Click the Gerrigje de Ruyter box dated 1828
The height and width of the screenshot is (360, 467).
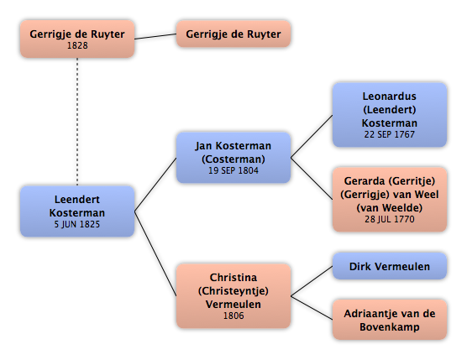coord(77,39)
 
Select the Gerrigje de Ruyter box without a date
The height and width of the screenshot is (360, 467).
coord(233,34)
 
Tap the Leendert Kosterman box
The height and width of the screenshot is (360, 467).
coord(77,211)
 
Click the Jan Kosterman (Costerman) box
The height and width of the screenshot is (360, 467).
coord(233,158)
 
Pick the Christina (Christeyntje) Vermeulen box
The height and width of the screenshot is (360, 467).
coord(233,296)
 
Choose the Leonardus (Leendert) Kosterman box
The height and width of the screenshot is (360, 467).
coord(390,115)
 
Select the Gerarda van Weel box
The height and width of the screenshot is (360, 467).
coord(390,200)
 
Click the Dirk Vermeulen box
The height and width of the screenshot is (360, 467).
coord(390,266)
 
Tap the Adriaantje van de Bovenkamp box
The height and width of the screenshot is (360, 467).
coord(390,320)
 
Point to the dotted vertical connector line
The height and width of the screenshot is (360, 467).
coord(77,122)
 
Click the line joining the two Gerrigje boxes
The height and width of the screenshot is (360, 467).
coord(155,36)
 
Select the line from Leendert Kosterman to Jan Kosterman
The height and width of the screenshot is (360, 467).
coord(155,185)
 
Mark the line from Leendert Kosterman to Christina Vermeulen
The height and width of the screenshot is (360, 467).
coord(155,253)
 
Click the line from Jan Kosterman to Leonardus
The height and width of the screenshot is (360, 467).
coord(312,136)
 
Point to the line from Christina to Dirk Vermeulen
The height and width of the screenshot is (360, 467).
coord(312,281)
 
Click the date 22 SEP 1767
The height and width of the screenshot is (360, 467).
coord(389,134)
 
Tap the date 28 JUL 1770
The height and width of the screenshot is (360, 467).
coord(389,219)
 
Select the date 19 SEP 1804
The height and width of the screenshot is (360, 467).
coord(233,171)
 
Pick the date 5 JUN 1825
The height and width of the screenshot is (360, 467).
coord(77,224)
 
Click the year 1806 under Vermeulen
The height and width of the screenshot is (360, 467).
coord(233,316)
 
